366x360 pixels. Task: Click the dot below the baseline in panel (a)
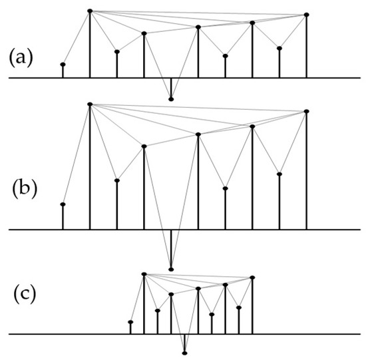(x=171, y=99)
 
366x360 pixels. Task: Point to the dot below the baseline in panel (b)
(x=171, y=270)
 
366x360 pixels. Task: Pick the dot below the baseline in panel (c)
(x=184, y=353)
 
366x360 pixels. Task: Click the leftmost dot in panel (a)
(x=63, y=65)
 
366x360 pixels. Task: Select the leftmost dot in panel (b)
(x=63, y=204)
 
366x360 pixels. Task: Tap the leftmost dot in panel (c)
(x=130, y=322)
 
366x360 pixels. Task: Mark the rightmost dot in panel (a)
(x=306, y=15)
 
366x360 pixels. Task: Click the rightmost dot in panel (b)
(x=306, y=111)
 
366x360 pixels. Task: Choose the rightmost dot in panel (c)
(x=252, y=277)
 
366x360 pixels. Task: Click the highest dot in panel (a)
(x=90, y=11)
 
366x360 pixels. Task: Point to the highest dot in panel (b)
(x=90, y=104)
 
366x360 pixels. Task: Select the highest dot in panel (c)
(x=144, y=274)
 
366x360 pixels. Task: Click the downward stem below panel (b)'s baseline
(x=171, y=250)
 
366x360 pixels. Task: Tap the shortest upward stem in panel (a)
(x=63, y=72)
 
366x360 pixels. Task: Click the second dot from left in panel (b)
(x=90, y=104)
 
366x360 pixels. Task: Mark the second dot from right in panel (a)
(x=279, y=48)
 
